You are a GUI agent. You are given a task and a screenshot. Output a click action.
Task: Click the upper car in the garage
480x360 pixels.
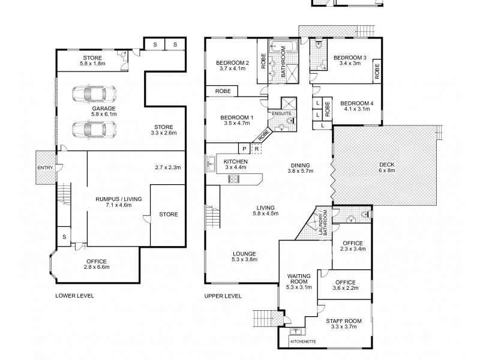click(94, 94)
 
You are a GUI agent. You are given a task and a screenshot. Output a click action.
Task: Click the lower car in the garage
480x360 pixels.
click(94, 129)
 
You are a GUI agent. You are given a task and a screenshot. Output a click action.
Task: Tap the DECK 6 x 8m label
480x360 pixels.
click(386, 167)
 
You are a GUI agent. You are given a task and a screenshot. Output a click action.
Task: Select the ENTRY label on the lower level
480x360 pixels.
click(45, 168)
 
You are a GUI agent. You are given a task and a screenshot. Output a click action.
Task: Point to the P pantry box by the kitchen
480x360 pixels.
click(244, 149)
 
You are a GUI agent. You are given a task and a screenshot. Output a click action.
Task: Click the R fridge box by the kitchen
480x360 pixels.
click(257, 149)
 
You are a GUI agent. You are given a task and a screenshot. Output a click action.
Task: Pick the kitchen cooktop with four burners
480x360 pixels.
click(234, 178)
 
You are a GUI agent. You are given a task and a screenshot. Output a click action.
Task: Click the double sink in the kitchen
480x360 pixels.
click(211, 164)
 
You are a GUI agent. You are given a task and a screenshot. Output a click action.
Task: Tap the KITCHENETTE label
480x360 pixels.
click(303, 341)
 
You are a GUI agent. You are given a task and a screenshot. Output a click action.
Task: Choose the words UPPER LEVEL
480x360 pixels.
click(223, 296)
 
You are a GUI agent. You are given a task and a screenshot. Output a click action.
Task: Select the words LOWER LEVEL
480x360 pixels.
click(74, 296)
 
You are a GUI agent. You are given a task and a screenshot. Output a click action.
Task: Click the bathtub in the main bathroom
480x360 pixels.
click(283, 47)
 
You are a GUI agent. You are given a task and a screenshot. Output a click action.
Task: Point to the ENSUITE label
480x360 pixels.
click(281, 113)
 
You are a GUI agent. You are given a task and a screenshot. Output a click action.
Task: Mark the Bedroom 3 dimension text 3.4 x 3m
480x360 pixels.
click(350, 64)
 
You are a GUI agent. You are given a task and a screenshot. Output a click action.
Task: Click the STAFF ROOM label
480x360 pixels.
click(343, 321)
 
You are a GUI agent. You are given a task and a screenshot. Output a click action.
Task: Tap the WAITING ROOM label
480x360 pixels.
click(298, 279)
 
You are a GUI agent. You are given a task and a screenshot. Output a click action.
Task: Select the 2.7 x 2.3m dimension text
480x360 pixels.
click(168, 167)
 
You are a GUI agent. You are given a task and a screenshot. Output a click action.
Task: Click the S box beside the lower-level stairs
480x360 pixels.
click(64, 236)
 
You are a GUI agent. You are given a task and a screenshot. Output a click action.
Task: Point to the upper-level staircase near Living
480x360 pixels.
click(213, 216)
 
